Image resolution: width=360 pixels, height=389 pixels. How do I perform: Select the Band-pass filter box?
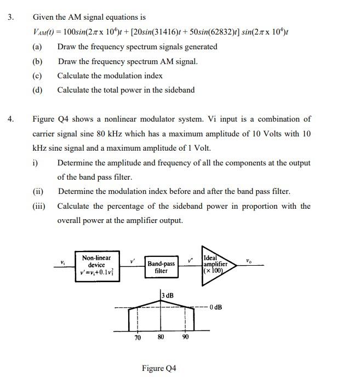click(x=161, y=267)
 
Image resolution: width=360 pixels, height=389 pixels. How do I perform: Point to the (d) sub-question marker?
click(x=37, y=90)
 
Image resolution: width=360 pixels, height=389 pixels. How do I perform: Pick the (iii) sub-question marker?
click(x=39, y=206)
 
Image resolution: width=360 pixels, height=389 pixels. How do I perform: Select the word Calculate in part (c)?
click(x=74, y=76)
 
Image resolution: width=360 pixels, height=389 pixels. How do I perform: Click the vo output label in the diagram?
click(x=249, y=260)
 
